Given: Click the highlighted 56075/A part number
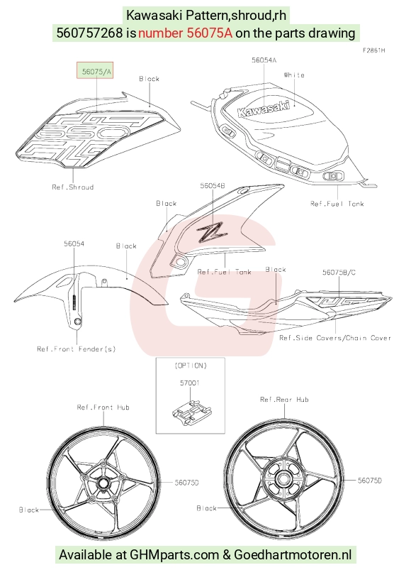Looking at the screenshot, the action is [x=97, y=72].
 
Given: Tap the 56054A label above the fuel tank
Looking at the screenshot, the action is [x=264, y=60].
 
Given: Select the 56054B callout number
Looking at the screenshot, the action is [x=212, y=185].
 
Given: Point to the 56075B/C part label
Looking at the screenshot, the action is [x=339, y=273].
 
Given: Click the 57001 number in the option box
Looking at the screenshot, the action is [x=190, y=383].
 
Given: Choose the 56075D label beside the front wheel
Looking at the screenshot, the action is [x=186, y=483].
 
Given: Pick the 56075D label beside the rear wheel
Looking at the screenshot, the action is [x=370, y=481].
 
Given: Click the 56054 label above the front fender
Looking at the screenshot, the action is [x=74, y=243].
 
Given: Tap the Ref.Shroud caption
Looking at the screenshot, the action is [x=73, y=187].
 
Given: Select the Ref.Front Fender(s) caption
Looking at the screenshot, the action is [x=77, y=349].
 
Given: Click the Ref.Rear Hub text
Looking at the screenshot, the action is [x=284, y=400].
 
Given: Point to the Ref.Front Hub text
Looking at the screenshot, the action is [x=103, y=407].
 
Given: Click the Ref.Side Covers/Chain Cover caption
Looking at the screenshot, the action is [x=335, y=338].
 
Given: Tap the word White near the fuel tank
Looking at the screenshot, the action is [x=294, y=75].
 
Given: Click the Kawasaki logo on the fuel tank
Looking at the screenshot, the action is [x=264, y=108].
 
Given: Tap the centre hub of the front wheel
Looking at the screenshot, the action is [x=103, y=483].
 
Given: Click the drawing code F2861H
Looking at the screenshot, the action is [x=373, y=50].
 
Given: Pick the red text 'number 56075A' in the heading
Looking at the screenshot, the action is [x=185, y=33].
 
